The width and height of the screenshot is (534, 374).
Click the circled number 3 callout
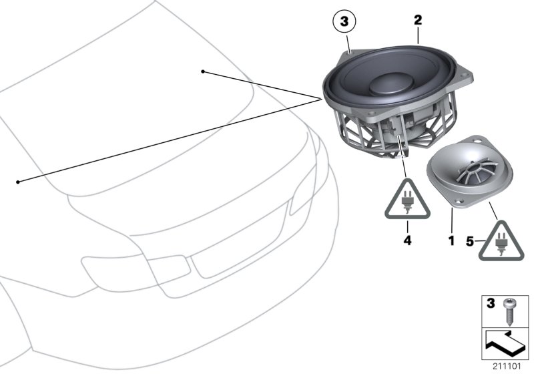pyautogui.click(x=344, y=23)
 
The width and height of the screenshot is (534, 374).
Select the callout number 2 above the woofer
pyautogui.click(x=418, y=21)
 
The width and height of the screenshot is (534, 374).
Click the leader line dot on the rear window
pyautogui.click(x=203, y=70)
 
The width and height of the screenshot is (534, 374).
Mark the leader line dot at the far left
pyautogui.click(x=18, y=181)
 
